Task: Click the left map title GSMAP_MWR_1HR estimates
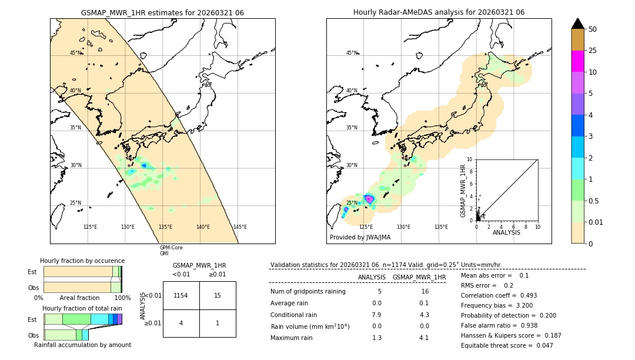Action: pos(162,12)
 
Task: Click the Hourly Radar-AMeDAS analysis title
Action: pos(439,12)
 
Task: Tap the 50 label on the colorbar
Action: pos(593,29)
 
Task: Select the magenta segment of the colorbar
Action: pos(578,61)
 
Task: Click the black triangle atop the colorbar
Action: pos(578,24)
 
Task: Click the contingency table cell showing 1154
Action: pos(181,295)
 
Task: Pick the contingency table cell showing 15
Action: pos(218,295)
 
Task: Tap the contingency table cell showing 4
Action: pos(181,323)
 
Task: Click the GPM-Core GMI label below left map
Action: pos(171,250)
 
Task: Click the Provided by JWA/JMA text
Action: pos(360,237)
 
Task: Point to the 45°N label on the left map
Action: pos(76,53)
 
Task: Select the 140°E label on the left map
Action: pos(203,227)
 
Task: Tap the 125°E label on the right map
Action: pos(366,227)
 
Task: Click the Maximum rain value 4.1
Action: pos(424,338)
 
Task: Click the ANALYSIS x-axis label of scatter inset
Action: pos(506,232)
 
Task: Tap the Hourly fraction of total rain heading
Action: pos(82,308)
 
